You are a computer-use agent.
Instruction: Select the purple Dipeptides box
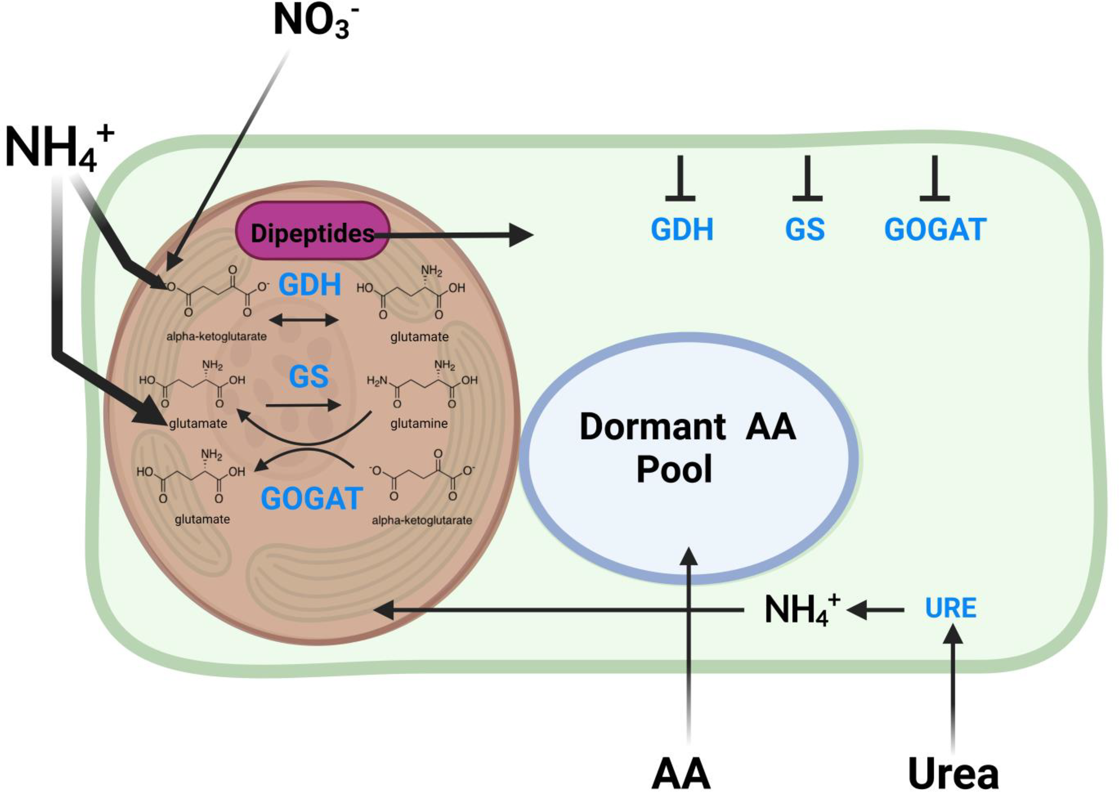pyautogui.click(x=312, y=231)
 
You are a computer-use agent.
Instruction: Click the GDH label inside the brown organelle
pyautogui.click(x=309, y=285)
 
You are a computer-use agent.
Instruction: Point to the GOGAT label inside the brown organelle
pyautogui.click(x=312, y=498)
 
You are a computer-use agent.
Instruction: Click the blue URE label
pyautogui.click(x=950, y=608)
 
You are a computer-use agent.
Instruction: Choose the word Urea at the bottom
pyautogui.click(x=953, y=774)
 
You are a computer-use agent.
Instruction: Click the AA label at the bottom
pyautogui.click(x=681, y=774)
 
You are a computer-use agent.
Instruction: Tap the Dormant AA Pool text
pyautogui.click(x=688, y=447)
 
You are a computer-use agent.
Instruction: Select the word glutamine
pyautogui.click(x=419, y=424)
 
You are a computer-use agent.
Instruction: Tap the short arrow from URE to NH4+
pyautogui.click(x=876, y=610)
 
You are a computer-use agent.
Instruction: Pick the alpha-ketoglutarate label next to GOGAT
pyautogui.click(x=422, y=520)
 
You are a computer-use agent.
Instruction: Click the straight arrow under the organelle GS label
pyautogui.click(x=303, y=405)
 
